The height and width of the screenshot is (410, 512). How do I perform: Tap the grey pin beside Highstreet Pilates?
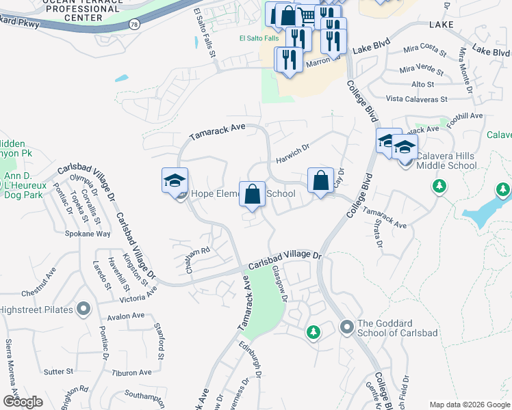coord(84,310)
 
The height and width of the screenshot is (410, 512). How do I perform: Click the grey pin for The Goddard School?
coord(346,328)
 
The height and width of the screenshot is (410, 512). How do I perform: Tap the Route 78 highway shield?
coord(133,25)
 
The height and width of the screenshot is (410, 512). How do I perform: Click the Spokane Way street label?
coord(88,233)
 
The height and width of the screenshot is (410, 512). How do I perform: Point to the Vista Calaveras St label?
coord(416,98)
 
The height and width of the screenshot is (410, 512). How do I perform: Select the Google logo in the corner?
coord(23,401)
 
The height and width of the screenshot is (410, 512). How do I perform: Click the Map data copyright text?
coord(470,404)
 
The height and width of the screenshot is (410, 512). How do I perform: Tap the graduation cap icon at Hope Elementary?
coord(175,181)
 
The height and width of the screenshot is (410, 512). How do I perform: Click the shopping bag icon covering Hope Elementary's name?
coord(253,193)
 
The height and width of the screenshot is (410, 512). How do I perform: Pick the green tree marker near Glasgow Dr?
coord(313,332)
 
